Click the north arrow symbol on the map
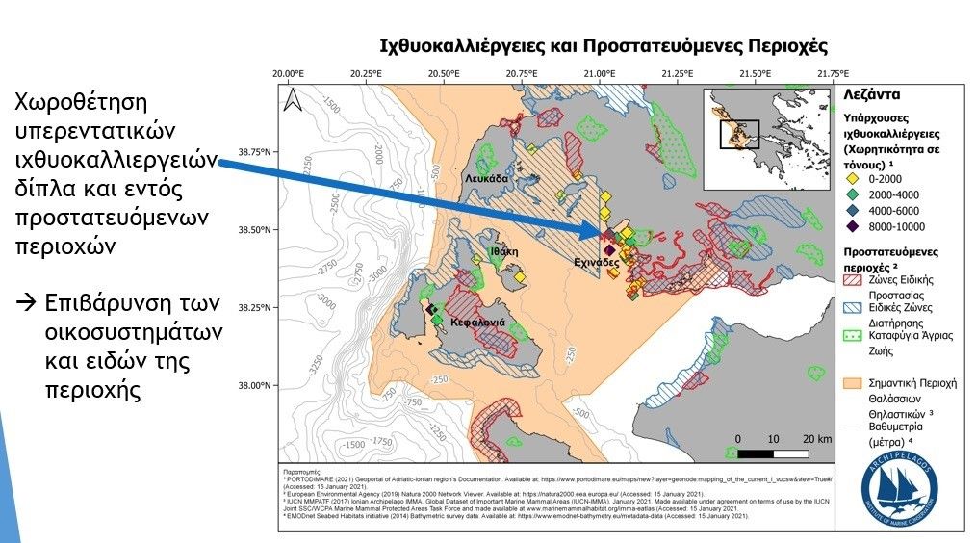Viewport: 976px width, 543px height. [x=297, y=98]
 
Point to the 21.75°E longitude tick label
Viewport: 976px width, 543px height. [x=832, y=74]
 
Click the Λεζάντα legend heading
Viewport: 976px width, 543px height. [x=871, y=96]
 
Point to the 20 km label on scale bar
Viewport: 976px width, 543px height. [x=819, y=438]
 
